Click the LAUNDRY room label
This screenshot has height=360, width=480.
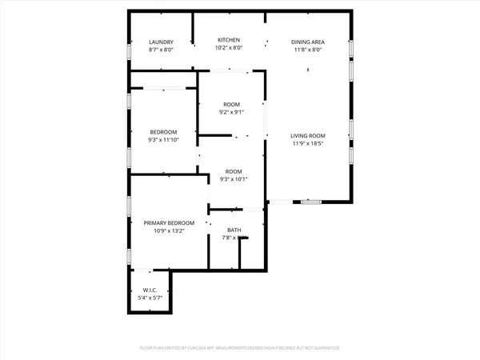(x=162, y=42)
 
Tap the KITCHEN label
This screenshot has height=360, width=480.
(x=230, y=40)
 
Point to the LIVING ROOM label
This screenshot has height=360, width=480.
(x=307, y=135)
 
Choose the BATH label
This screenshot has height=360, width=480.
(x=234, y=230)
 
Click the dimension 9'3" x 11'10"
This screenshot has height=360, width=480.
(x=164, y=140)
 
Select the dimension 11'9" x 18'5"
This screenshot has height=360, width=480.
(x=307, y=144)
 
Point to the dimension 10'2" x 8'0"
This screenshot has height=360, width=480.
(x=230, y=48)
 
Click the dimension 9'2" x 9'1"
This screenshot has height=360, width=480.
(x=233, y=112)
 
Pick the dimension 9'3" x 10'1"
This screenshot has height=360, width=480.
(x=233, y=179)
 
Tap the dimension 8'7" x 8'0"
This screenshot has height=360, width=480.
(x=162, y=50)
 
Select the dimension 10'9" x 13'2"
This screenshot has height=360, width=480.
(x=164, y=231)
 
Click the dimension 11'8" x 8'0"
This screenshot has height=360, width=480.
(x=307, y=49)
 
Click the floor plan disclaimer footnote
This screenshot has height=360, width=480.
(x=239, y=349)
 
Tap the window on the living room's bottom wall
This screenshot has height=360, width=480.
(x=311, y=202)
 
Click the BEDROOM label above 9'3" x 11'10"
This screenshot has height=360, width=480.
(x=164, y=132)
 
